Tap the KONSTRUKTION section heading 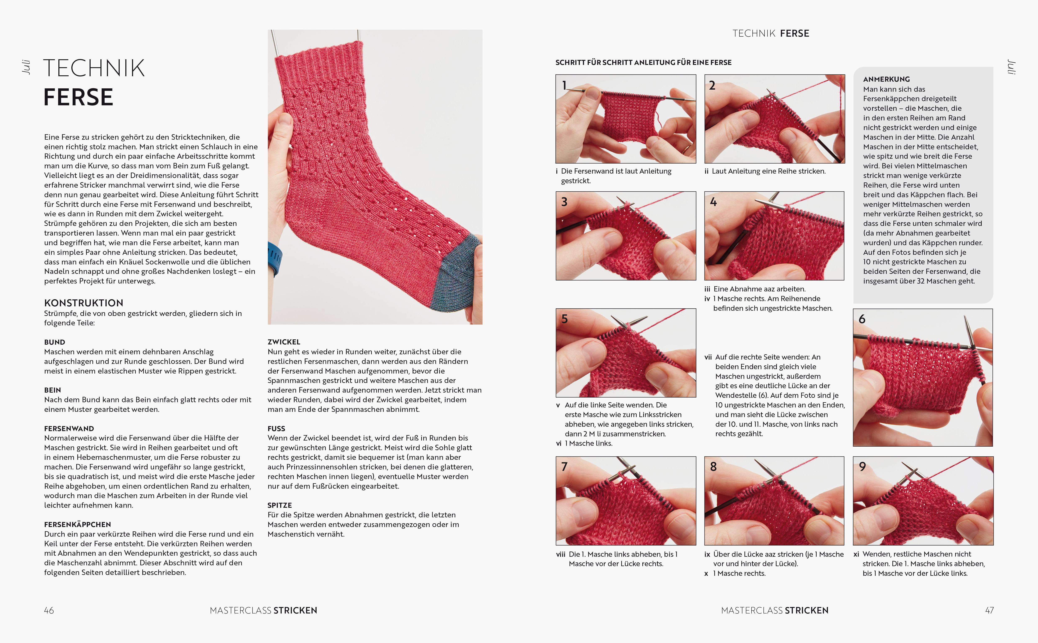pyautogui.click(x=84, y=303)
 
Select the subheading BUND pyautogui.click(x=54, y=342)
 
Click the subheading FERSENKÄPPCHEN pyautogui.click(x=77, y=524)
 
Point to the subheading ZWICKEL pyautogui.click(x=283, y=342)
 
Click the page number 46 pyautogui.click(x=49, y=610)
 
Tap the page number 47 pyautogui.click(x=989, y=610)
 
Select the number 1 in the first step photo pyautogui.click(x=564, y=85)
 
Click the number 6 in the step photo pyautogui.click(x=862, y=319)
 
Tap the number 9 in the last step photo pyautogui.click(x=862, y=466)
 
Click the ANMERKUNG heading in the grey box pyautogui.click(x=886, y=79)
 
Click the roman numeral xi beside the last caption pyautogui.click(x=856, y=554)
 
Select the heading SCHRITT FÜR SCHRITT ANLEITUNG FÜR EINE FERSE pyautogui.click(x=643, y=63)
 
